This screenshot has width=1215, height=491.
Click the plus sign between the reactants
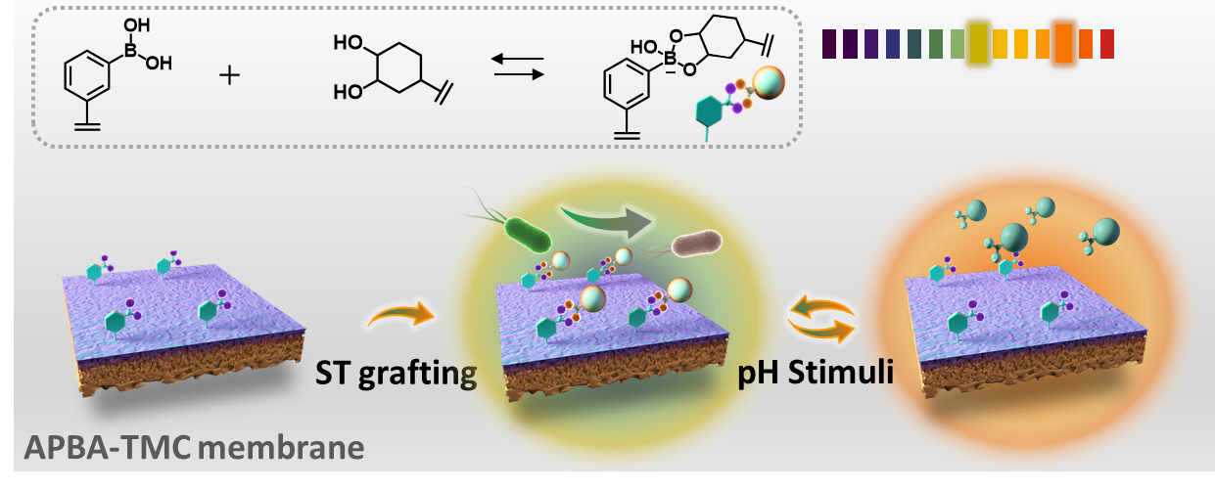(230, 74)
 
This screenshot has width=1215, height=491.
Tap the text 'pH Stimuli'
(816, 373)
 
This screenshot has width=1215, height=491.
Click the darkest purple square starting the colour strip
(829, 44)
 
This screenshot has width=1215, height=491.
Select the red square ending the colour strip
(1106, 44)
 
